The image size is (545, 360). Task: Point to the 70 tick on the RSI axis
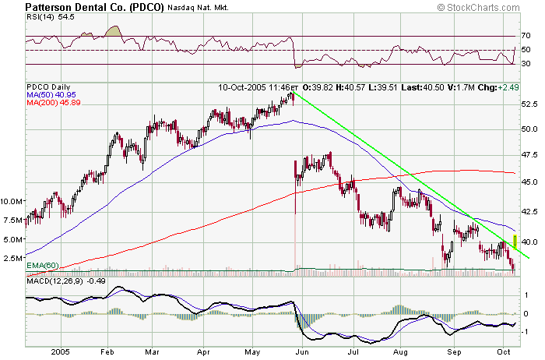526,36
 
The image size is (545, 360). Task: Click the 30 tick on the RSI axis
526,64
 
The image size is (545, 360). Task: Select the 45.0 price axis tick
530,182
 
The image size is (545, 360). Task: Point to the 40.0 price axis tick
530,242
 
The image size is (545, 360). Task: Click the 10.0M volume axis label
13,201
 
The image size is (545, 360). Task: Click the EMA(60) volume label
44,266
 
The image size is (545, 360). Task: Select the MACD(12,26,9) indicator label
58,281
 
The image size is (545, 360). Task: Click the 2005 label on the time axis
61,351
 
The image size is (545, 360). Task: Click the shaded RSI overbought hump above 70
113,31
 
